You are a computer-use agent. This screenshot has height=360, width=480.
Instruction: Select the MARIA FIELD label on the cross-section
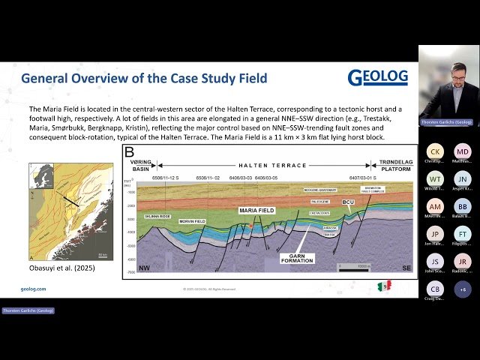tap(256, 211)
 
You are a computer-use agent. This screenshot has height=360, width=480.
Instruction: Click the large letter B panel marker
tap(129, 151)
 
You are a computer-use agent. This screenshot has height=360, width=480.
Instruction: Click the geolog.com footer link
tap(33, 289)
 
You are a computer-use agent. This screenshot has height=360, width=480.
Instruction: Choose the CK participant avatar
tap(435, 151)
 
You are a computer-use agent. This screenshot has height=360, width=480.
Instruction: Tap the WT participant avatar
tap(435, 178)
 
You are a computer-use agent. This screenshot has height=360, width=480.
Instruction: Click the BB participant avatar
tap(463, 206)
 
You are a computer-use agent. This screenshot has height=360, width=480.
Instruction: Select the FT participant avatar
tap(463, 234)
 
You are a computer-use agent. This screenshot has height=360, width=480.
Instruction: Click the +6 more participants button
tap(463, 289)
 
